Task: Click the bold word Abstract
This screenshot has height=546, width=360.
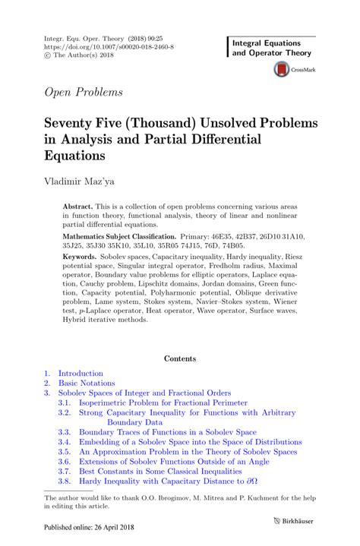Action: [x=77, y=207]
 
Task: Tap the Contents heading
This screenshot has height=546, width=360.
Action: [x=180, y=358]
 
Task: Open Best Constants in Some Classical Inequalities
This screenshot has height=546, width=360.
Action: [x=164, y=470]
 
